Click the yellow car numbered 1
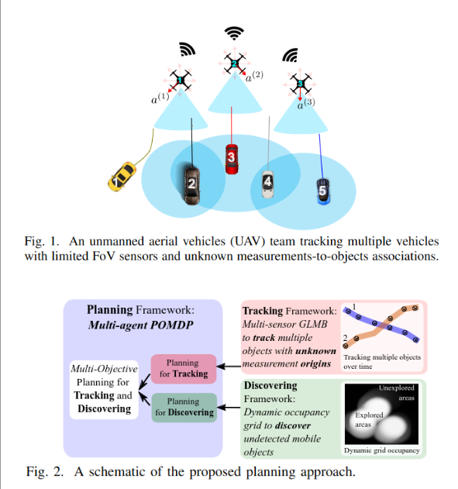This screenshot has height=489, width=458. (x=120, y=177)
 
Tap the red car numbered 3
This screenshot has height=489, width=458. (x=232, y=157)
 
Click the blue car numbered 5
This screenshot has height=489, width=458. (x=323, y=190)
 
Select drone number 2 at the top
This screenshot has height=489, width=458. (x=233, y=64)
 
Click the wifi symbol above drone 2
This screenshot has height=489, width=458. (x=233, y=33)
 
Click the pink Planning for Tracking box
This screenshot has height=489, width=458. (x=182, y=368)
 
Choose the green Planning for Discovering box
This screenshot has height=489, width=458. (x=182, y=407)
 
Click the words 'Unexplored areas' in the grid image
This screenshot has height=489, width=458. (x=398, y=391)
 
